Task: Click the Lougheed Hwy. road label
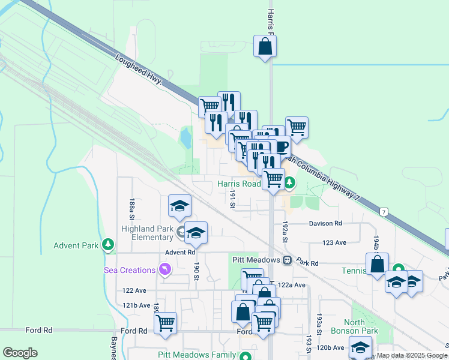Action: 139,70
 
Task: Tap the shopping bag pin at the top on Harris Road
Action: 265,47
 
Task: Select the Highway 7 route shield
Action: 383,212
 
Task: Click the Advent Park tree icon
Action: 108,245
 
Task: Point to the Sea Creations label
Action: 130,270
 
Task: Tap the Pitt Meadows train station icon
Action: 288,260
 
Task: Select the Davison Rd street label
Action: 325,223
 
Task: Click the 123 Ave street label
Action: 335,242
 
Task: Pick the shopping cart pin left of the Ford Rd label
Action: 165,323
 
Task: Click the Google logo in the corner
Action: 20,353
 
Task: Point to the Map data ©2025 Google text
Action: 411,355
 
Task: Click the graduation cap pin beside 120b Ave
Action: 360,347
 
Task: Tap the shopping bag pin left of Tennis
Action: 377,264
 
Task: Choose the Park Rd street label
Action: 307,263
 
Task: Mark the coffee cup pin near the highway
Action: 281,147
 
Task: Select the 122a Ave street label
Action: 292,285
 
